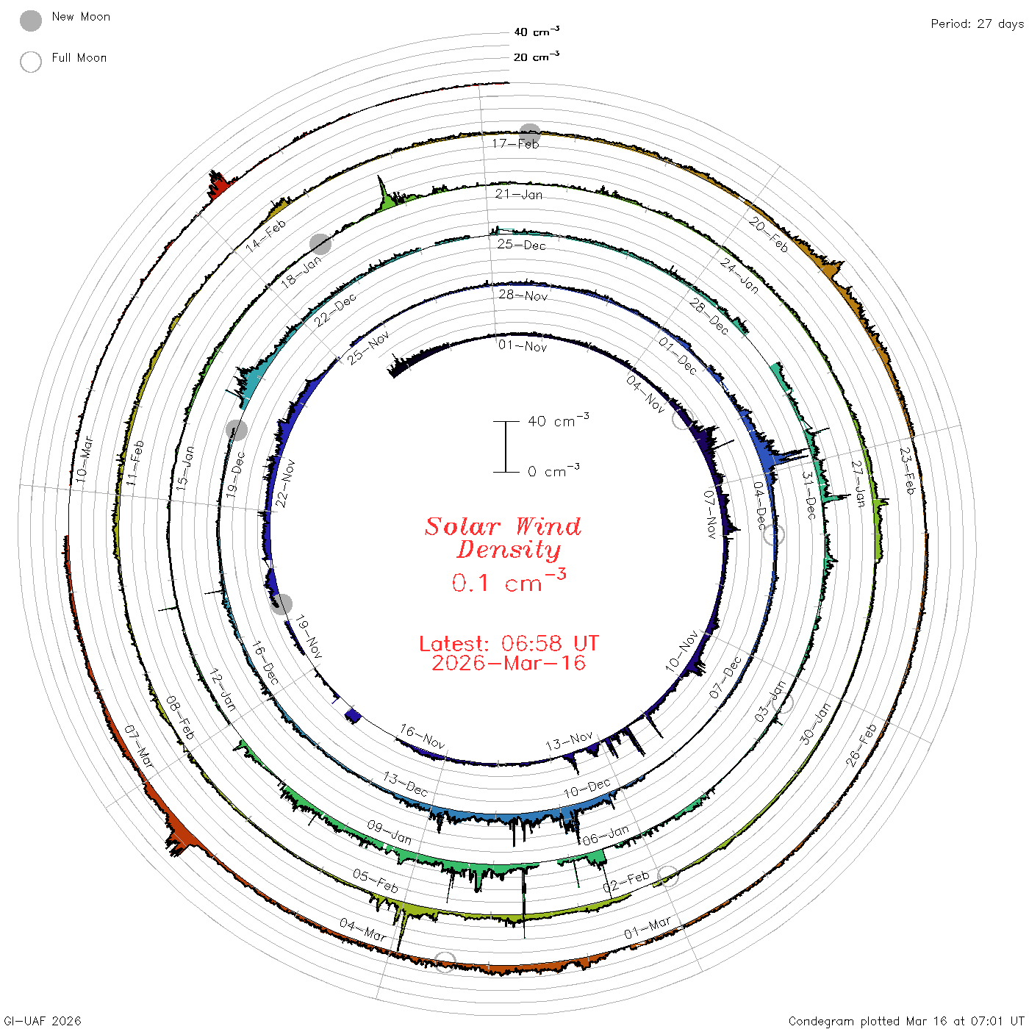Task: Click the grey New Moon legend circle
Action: [x=31, y=21]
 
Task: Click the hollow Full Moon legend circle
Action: [x=31, y=62]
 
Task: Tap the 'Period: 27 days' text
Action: [x=978, y=24]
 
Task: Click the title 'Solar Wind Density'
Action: [x=503, y=538]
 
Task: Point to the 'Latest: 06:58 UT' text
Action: [x=509, y=643]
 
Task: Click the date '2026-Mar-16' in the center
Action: [x=509, y=663]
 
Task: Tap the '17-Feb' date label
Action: [x=515, y=143]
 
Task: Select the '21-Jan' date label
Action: [x=518, y=194]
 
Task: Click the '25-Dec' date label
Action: [x=521, y=245]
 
